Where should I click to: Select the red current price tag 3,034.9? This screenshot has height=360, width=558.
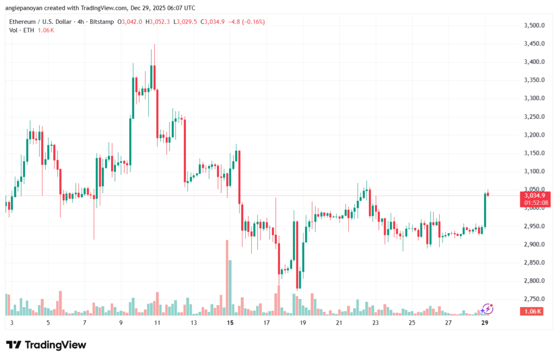(536, 195)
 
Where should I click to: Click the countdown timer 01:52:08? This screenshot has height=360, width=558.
(536, 203)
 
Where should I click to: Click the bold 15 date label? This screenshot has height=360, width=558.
(230, 322)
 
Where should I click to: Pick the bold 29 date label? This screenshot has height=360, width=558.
(484, 322)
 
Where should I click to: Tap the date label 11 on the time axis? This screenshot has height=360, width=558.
(157, 322)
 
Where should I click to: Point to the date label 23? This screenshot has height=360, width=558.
(375, 322)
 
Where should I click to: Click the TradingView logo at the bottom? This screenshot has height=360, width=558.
(46, 345)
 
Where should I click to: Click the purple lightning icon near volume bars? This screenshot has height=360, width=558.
(487, 309)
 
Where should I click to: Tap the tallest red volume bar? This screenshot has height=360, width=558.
(226, 277)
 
